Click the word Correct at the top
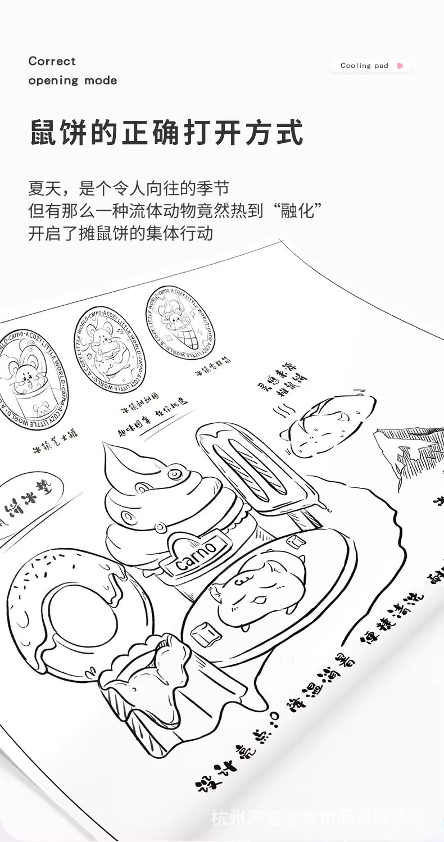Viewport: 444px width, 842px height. point(52,61)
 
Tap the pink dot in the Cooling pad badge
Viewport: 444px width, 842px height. point(400,66)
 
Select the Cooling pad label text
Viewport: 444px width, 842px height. point(364,66)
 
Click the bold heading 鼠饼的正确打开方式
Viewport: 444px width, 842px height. point(166,133)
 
